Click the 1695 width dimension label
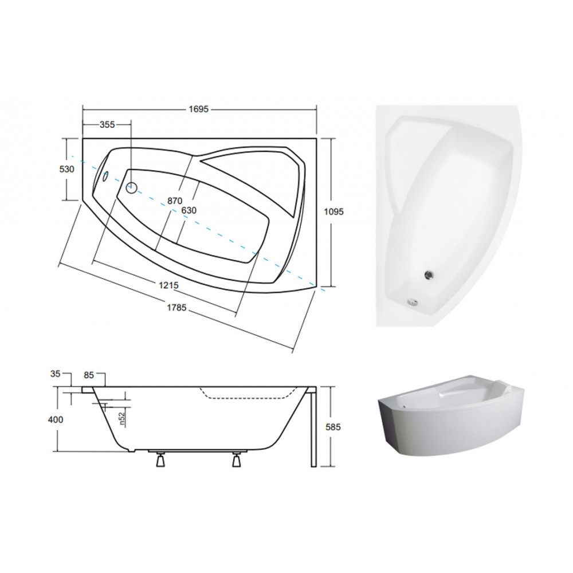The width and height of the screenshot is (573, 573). coord(198,109)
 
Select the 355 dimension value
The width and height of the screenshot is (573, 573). coord(107,125)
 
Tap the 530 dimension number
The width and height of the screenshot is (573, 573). coord(66,169)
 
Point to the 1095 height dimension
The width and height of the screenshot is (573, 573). coord(333,211)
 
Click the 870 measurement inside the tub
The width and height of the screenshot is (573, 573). coord(175,201)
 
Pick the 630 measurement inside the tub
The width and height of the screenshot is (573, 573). coord(189,210)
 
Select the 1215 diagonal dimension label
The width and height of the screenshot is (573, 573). coord(168,285)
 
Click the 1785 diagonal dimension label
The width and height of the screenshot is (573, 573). coord(176,308)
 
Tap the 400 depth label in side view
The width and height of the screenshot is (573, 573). coord(56,419)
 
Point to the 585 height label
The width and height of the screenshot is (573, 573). coord(333,427)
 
